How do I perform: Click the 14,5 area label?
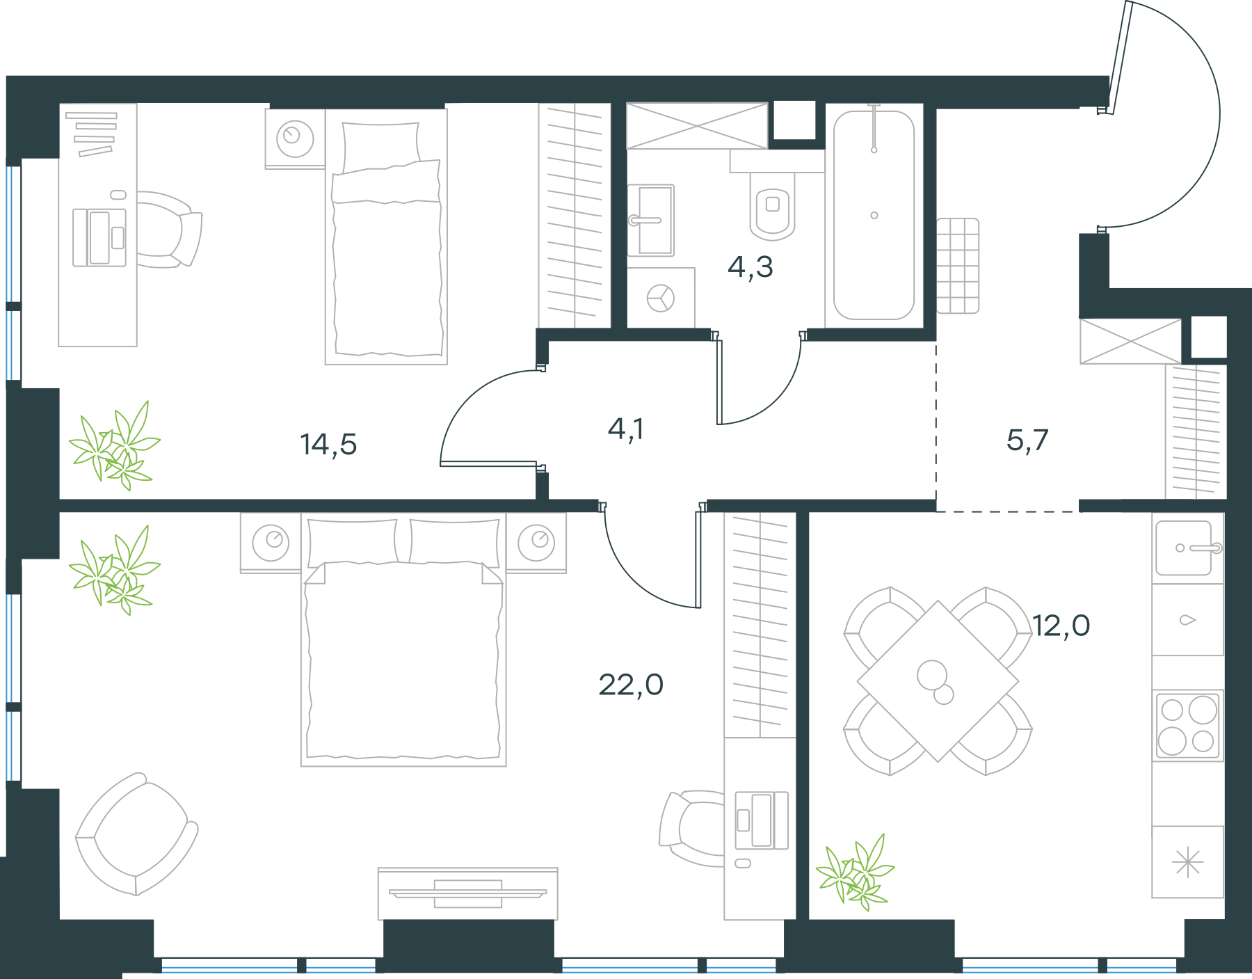[328, 444]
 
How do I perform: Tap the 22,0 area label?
[631, 685]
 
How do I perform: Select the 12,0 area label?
[1061, 626]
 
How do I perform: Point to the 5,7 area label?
[1027, 440]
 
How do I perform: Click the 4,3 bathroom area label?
[751, 266]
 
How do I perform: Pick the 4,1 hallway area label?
[626, 429]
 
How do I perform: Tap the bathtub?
[874, 215]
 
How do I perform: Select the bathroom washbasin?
[651, 221]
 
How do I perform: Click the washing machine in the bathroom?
[661, 298]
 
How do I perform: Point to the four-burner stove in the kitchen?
[1188, 725]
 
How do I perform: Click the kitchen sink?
[1188, 548]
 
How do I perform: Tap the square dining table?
[938, 681]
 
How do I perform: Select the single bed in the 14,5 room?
[386, 237]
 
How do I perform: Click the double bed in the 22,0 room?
[403, 640]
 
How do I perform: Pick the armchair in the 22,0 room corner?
[136, 834]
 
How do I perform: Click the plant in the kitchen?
[855, 873]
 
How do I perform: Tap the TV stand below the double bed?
[468, 893]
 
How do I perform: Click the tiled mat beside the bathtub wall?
[958, 266]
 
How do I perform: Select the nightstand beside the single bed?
[295, 138]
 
